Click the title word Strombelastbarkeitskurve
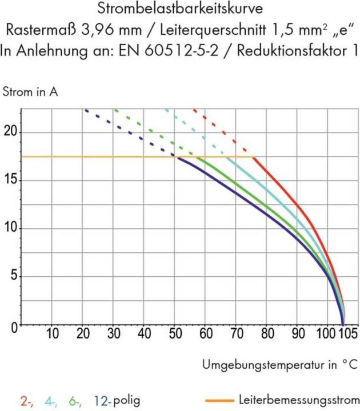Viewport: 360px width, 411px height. click(x=181, y=10)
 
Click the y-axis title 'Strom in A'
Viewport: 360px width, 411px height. click(x=31, y=91)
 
